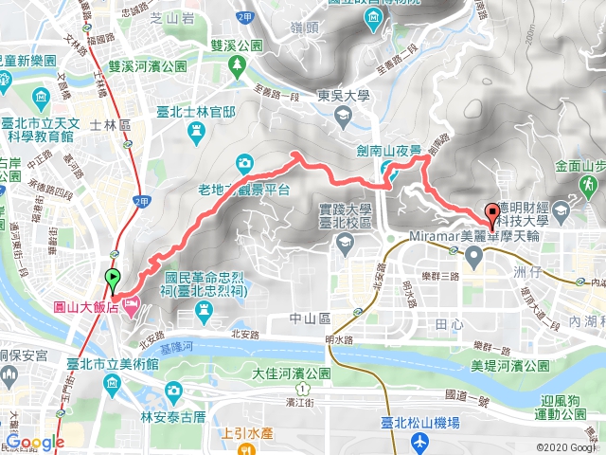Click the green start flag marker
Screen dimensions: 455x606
pos(113,280)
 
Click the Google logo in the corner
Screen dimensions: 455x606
pos(36,442)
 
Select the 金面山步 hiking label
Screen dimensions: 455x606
pos(579,164)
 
